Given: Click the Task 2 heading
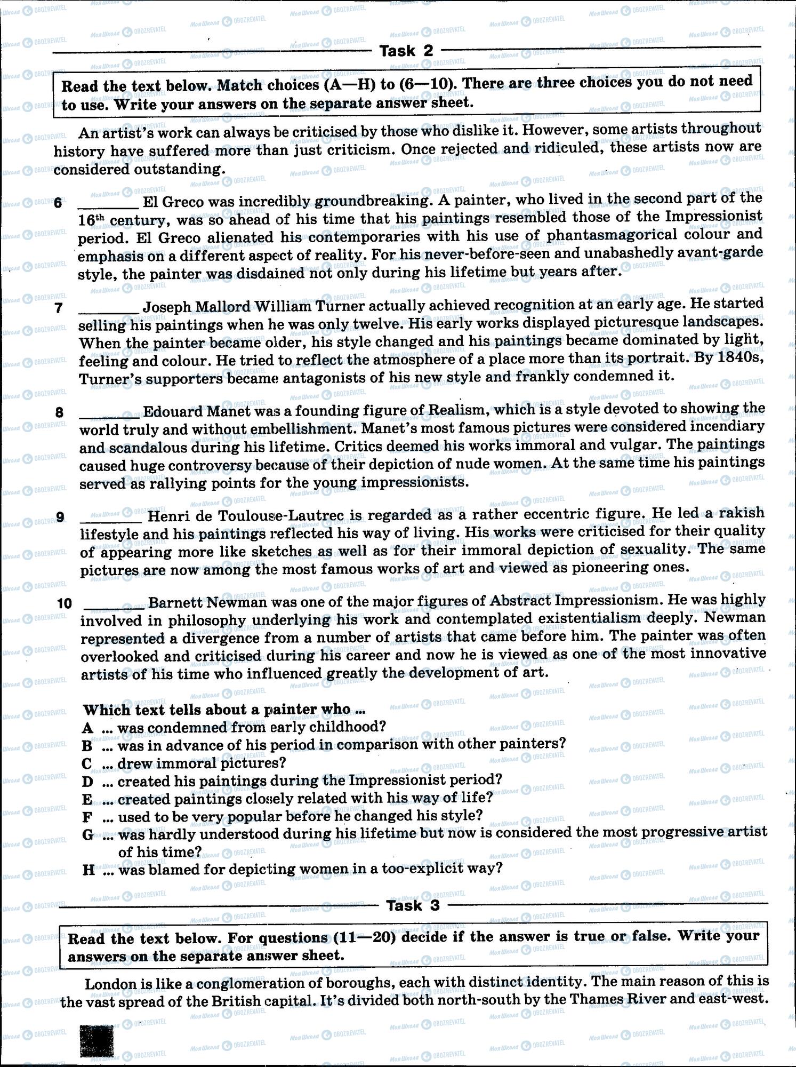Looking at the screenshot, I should coord(406,51).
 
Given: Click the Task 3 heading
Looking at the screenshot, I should coord(413,905).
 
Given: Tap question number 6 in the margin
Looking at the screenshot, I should coord(58,203).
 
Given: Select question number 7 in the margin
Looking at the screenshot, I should coord(59,308).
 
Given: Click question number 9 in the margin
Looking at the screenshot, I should coord(60,517).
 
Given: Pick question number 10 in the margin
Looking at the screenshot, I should coord(64,603).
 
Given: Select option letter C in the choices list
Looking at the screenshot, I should coord(87,764).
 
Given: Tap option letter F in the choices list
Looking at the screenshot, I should coord(87,817).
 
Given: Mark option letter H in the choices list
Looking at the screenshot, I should coord(89,870).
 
